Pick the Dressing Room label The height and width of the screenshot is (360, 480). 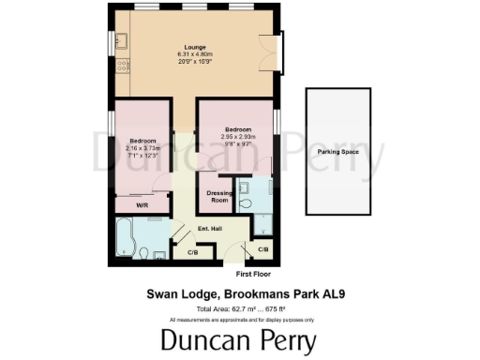pos(218,197)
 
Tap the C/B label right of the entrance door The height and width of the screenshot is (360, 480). pos(263,249)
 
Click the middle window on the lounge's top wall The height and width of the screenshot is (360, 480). pos(190,7)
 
